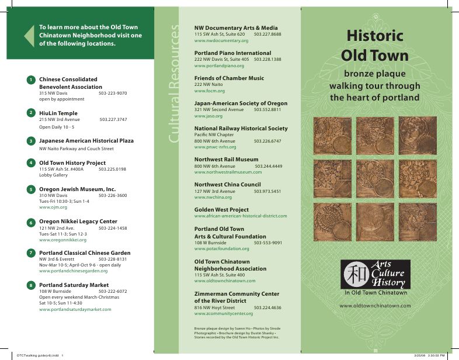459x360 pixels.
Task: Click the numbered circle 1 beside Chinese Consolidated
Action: (x=30, y=79)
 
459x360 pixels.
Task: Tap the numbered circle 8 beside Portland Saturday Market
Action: (x=30, y=285)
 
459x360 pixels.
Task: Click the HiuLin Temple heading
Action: (x=58, y=113)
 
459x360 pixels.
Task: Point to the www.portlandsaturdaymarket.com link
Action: (x=75, y=309)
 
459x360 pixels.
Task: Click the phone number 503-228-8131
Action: (x=113, y=259)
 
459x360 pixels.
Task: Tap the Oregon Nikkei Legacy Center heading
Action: (x=78, y=221)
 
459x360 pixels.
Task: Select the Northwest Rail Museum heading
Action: (x=226, y=159)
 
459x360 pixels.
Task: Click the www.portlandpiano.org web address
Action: (x=219, y=65)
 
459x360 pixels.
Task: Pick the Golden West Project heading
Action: (x=221, y=209)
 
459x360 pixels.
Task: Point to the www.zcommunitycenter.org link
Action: (x=224, y=314)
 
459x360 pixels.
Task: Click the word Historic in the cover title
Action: (x=374, y=36)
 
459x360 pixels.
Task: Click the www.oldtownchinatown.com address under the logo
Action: (x=375, y=306)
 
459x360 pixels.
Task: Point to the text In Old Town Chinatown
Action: (x=375, y=292)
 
